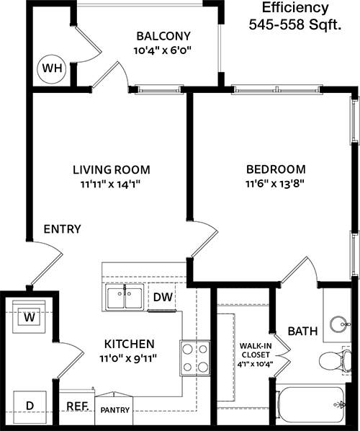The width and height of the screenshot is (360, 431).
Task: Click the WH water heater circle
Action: tap(52, 68)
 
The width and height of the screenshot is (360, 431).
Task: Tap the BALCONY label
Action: tap(163, 36)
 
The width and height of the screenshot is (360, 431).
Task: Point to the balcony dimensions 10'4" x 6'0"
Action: tap(162, 50)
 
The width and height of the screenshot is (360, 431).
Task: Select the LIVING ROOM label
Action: tap(112, 169)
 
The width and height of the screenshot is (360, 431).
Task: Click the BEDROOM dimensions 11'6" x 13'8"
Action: tap(276, 184)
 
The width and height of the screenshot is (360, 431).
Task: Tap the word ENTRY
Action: tap(63, 229)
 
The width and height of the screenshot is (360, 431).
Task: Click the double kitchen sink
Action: tap(125, 298)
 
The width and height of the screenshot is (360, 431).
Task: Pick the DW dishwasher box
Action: tap(162, 297)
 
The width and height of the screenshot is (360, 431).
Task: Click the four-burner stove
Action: tap(195, 358)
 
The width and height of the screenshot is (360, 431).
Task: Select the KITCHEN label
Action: tap(130, 344)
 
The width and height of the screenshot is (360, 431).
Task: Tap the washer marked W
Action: tap(29, 317)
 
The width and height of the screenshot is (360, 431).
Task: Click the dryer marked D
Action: tap(30, 405)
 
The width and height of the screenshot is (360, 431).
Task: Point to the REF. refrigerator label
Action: tap(78, 406)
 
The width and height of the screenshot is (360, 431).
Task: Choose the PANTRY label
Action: tap(114, 410)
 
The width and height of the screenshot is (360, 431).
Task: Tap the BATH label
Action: tap(302, 332)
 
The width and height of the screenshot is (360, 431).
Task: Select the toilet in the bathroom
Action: tap(335, 360)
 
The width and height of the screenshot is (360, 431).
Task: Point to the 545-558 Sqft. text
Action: tap(295, 25)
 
